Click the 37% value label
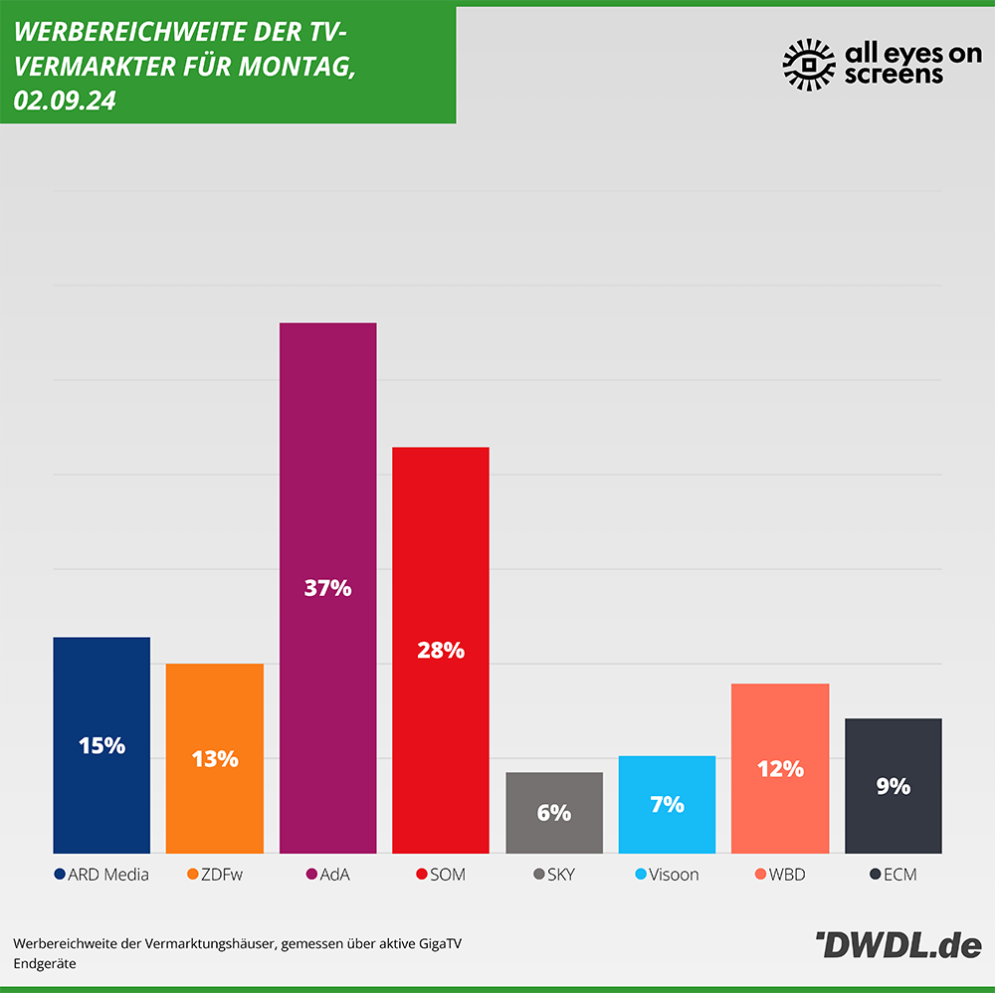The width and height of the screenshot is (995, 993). pos(327,588)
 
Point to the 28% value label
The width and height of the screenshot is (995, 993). pos(441,651)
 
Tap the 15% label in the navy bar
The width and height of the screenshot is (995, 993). pos(101,745)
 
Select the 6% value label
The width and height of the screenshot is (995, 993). pos(554,813)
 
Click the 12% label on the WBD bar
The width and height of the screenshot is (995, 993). pos(780,769)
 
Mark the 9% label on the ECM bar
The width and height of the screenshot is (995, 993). pos(894,786)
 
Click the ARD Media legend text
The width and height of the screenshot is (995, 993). pos(108,876)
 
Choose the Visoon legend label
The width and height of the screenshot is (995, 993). pos(674,876)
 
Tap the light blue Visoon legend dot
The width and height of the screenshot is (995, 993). pos(641,876)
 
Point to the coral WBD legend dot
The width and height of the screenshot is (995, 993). pos(761,876)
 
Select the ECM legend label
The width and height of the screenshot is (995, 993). pos(900,876)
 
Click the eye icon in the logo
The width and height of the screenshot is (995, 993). pos(808,65)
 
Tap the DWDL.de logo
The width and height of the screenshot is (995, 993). pos(898,945)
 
